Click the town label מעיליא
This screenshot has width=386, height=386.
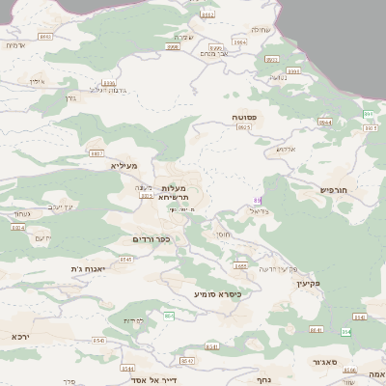(124, 166)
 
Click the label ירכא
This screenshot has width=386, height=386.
(20, 337)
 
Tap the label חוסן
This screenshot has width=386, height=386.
(223, 234)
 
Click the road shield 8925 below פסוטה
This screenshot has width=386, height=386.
(244, 127)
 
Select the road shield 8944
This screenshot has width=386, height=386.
(325, 123)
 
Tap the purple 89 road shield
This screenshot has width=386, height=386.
(257, 198)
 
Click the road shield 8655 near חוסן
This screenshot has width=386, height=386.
(239, 265)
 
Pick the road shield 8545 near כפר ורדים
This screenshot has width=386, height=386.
(126, 259)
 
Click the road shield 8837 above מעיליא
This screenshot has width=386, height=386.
(96, 152)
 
